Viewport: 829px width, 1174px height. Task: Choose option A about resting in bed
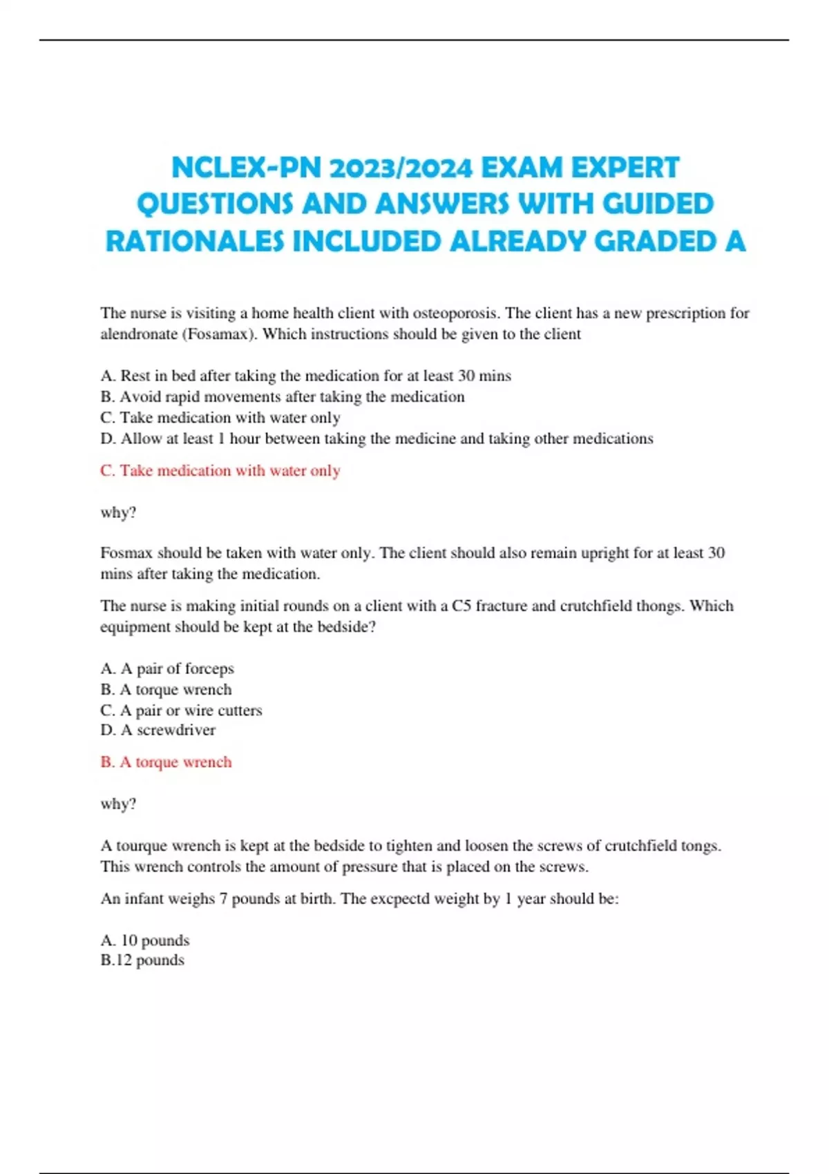(305, 376)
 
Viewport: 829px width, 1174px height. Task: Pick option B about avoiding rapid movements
(282, 397)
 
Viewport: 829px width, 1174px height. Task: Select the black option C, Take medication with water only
(220, 418)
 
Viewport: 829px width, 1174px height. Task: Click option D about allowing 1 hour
(377, 439)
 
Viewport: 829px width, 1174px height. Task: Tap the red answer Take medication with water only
(220, 471)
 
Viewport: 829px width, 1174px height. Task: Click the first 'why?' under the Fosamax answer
(118, 512)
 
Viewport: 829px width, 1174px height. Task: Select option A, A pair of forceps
(167, 668)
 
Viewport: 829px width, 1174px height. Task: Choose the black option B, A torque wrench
(166, 689)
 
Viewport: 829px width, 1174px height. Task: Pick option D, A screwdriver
(158, 730)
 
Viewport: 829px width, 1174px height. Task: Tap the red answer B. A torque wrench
(166, 762)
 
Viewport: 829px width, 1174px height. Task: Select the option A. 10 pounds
(144, 941)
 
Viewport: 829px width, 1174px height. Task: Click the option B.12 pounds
(142, 960)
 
